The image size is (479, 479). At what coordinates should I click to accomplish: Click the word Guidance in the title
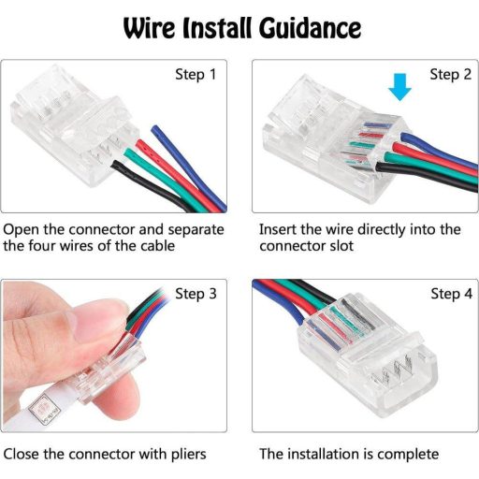[310, 28]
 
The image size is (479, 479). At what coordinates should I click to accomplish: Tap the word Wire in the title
[150, 28]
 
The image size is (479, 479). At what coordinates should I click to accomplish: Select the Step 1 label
[196, 75]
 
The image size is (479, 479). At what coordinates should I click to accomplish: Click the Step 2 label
[450, 75]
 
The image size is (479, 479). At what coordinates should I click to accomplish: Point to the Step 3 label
[196, 294]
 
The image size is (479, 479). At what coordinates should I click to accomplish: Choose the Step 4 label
[451, 294]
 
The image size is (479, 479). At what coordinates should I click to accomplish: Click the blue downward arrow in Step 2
[399, 87]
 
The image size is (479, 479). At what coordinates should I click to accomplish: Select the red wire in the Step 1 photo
[175, 175]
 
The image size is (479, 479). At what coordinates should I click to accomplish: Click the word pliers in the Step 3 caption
[189, 455]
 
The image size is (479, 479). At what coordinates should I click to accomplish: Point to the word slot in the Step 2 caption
[341, 246]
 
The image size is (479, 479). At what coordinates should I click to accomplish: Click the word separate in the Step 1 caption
[196, 230]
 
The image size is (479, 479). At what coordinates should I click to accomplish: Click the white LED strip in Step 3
[47, 409]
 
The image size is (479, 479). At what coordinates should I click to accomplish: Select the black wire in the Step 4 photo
[316, 291]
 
